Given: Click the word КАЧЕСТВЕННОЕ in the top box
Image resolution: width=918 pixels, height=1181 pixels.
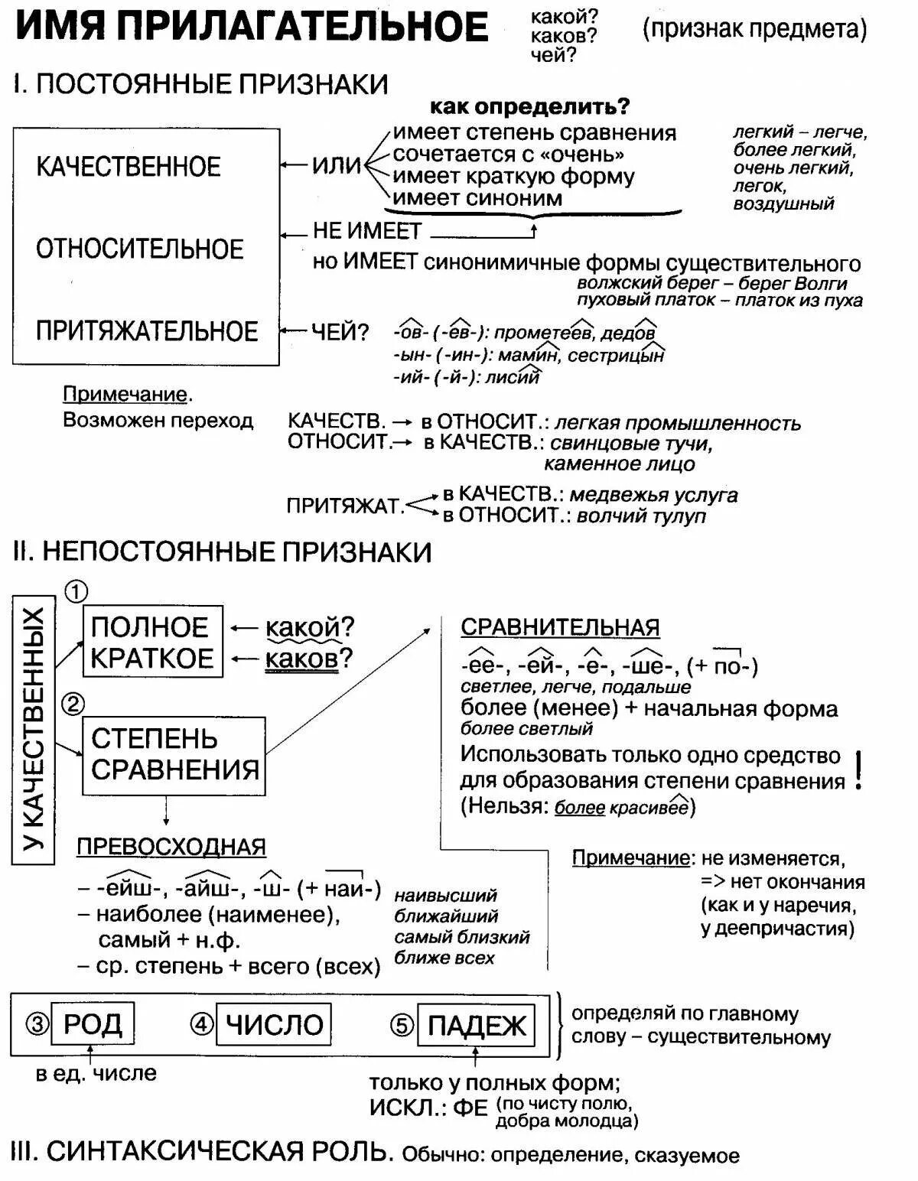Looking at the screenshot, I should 129,167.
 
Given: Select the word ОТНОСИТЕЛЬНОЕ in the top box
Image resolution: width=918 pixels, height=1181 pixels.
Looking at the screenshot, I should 139,249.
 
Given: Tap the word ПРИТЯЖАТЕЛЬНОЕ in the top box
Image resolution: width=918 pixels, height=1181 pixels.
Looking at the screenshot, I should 147,331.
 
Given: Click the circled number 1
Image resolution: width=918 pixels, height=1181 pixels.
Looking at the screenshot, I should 76,592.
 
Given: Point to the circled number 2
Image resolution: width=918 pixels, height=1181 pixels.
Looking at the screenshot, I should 73,704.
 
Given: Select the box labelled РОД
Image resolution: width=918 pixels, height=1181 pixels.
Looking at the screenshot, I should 92,1024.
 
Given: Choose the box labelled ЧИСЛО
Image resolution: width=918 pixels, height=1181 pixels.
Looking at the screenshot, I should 274,1024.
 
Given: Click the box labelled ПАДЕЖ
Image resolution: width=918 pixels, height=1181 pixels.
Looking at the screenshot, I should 476,1025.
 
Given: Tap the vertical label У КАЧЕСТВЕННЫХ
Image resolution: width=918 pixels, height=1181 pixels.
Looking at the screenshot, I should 34,730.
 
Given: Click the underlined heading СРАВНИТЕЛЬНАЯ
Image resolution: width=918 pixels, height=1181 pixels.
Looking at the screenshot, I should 560,627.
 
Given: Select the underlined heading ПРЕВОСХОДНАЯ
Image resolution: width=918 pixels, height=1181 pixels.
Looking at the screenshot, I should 171,847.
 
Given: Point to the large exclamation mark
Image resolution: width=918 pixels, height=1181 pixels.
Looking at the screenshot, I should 859,771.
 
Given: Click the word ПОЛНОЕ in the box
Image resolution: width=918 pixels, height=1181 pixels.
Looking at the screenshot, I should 150,627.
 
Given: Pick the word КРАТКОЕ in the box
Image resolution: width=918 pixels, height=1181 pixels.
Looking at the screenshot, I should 152,659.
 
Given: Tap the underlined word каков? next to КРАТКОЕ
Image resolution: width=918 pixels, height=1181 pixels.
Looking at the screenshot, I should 301,659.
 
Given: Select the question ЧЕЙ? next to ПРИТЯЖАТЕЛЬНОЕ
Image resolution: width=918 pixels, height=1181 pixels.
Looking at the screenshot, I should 340,332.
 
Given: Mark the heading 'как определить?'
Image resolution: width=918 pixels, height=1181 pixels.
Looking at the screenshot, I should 529,106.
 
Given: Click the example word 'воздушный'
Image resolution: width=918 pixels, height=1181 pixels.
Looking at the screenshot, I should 783,204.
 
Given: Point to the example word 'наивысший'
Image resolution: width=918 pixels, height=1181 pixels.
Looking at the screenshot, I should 445,895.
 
